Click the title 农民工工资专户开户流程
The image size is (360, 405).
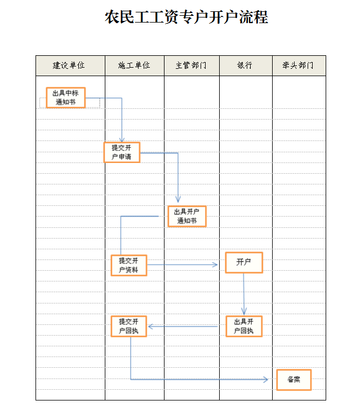click(x=186, y=17)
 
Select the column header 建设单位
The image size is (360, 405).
click(x=69, y=65)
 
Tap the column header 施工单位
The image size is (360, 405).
click(x=134, y=65)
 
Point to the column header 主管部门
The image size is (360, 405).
click(x=191, y=65)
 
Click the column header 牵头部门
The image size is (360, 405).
click(x=298, y=65)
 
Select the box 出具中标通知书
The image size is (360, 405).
click(x=66, y=98)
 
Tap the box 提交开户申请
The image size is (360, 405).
click(x=122, y=152)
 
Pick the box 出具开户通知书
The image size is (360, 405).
click(x=187, y=216)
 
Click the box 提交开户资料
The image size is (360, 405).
click(x=129, y=265)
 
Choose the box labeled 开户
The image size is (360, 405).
click(x=244, y=263)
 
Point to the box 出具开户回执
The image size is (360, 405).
click(x=244, y=326)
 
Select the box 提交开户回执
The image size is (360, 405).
click(x=129, y=326)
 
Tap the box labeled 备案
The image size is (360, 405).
click(x=294, y=380)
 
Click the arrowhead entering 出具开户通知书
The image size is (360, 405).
click(x=178, y=200)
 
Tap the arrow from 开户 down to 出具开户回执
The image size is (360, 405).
click(x=244, y=293)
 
